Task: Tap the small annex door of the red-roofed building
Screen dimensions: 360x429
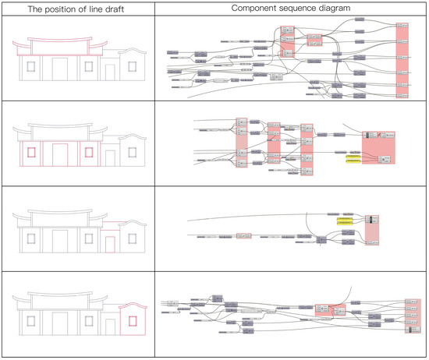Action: tap(110, 72)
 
